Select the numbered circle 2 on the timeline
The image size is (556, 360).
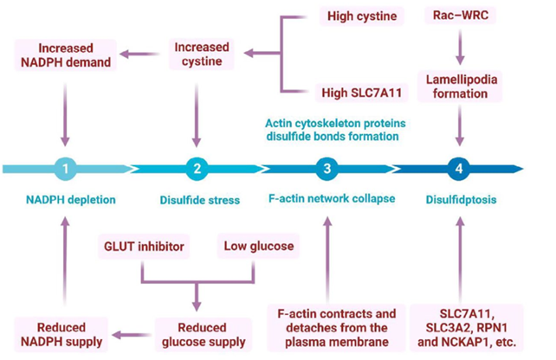click(197, 169)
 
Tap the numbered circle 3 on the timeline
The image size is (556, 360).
click(326, 169)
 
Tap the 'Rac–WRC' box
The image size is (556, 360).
click(462, 16)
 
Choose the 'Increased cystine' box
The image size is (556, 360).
click(201, 54)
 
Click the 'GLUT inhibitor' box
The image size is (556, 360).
click(141, 247)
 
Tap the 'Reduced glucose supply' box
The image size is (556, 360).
click(200, 333)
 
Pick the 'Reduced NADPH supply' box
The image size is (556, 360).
click(62, 333)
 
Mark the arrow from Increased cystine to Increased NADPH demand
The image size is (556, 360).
click(137, 55)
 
